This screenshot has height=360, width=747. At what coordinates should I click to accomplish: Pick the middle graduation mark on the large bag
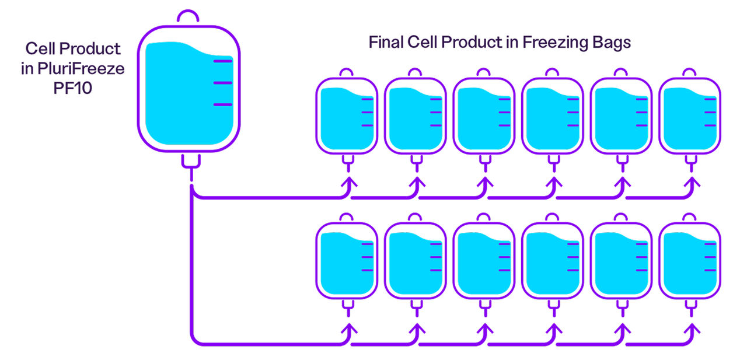222,83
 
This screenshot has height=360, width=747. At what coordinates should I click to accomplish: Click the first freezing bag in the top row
347,116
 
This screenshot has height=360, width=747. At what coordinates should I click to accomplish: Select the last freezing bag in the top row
690,116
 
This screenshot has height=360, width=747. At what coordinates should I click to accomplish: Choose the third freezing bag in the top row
484,116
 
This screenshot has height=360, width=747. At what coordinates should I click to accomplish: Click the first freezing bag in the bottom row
347,261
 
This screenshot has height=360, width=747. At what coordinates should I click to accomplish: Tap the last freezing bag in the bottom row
690,261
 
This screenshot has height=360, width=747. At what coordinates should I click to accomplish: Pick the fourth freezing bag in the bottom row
553,261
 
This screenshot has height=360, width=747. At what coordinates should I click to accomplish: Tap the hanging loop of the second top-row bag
415,72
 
